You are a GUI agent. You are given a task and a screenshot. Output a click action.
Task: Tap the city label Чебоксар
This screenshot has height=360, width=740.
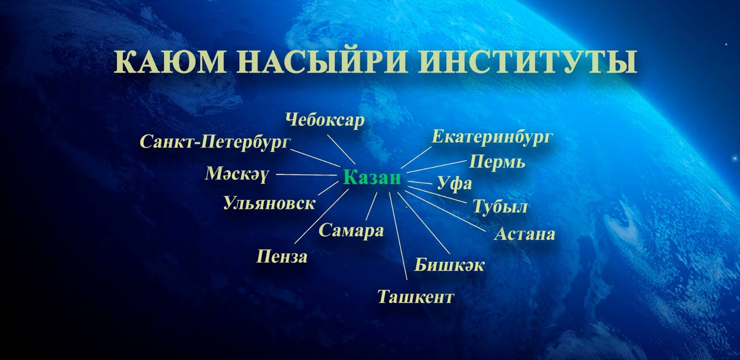click(x=325, y=120)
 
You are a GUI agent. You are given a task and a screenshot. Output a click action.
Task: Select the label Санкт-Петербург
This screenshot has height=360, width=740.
click(x=215, y=142)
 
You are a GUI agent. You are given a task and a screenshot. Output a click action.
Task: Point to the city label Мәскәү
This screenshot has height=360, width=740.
click(x=236, y=174)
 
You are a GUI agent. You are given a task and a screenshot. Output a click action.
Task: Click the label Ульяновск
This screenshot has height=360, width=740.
click(x=269, y=203)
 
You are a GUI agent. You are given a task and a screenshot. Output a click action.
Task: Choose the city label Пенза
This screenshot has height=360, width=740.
click(x=282, y=256)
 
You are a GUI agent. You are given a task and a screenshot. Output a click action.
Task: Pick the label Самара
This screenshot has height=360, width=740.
click(x=351, y=230)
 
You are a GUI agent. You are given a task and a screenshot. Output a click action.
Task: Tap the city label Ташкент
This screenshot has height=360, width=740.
click(x=415, y=297)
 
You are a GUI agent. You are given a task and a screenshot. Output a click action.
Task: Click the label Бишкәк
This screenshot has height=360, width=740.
click(x=449, y=265)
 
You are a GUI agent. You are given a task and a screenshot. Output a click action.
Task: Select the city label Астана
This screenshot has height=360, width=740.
click(x=524, y=234)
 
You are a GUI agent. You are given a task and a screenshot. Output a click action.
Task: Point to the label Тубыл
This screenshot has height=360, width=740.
click(x=499, y=206)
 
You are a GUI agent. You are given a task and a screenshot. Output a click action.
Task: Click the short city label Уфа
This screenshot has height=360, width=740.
click(x=454, y=184)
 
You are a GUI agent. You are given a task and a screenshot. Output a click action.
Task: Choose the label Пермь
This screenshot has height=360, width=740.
click(x=497, y=162)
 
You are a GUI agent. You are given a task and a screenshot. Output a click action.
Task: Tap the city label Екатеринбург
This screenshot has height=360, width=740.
click(x=492, y=137)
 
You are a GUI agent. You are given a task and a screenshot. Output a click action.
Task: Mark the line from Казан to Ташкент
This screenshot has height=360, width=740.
click(x=398, y=236)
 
